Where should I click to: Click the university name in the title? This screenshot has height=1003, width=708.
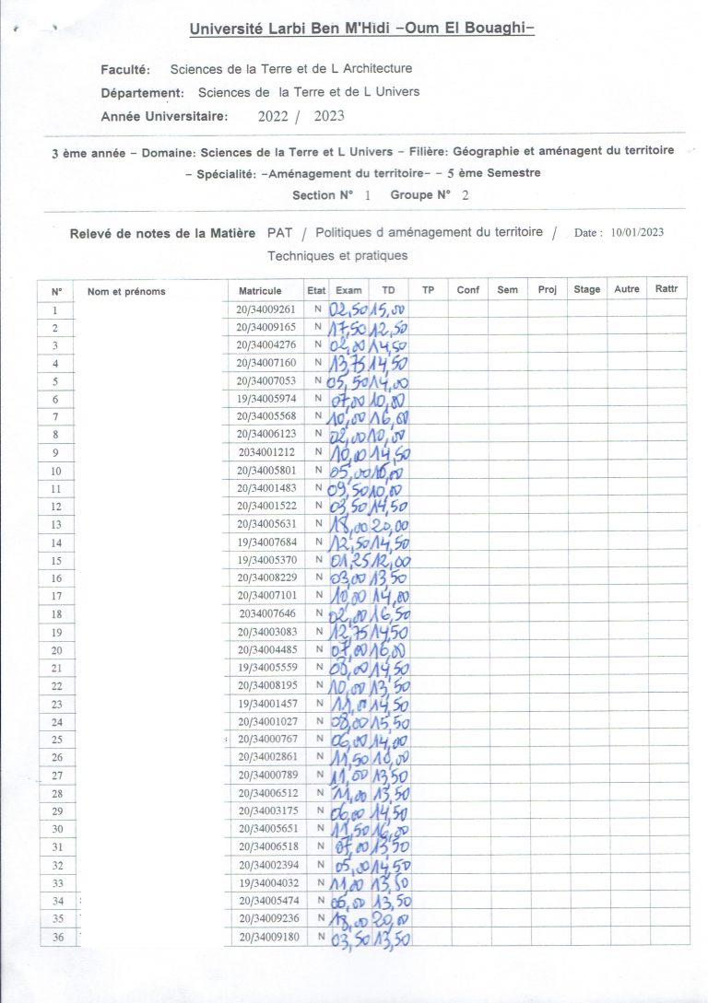(x=361, y=29)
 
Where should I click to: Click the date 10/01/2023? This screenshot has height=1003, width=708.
(x=637, y=233)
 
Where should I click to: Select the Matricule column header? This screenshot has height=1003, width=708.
(x=260, y=290)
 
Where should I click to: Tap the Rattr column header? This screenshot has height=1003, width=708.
(x=666, y=289)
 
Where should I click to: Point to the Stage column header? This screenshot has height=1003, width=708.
(x=587, y=290)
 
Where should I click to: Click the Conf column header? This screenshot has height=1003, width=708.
(x=468, y=290)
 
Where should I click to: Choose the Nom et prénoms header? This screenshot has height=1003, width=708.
(x=126, y=291)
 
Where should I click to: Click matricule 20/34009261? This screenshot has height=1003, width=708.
(x=265, y=309)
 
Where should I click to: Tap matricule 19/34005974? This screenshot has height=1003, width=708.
(x=265, y=399)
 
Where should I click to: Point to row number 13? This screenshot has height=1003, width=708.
(x=56, y=524)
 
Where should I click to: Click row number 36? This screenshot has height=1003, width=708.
(x=57, y=937)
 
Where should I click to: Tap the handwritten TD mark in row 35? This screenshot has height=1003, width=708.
(x=390, y=918)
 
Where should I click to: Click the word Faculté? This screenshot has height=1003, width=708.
(x=129, y=68)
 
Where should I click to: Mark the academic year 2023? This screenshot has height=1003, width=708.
(x=329, y=116)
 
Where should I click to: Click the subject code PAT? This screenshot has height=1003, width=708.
(x=280, y=233)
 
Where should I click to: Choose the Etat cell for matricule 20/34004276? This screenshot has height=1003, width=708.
(x=317, y=345)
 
